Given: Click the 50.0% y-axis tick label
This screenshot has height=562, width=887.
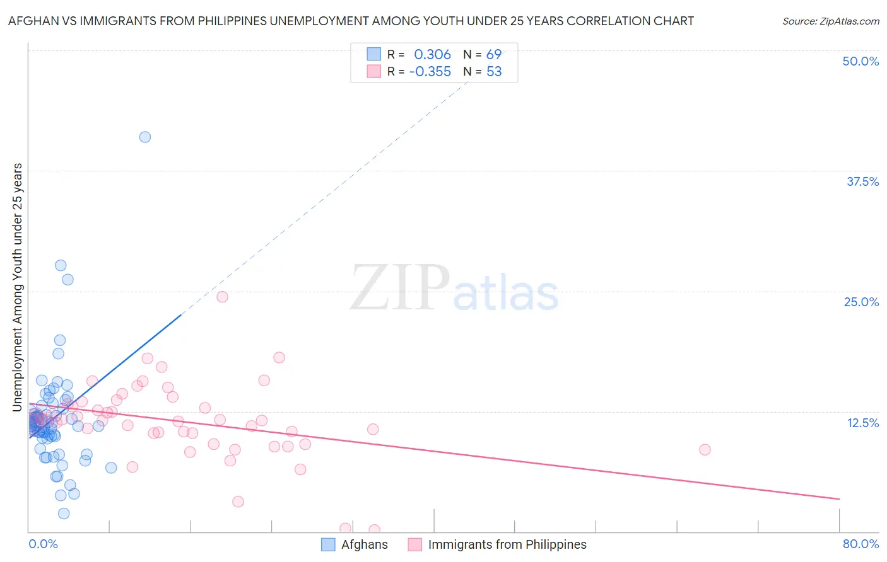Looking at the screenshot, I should (x=861, y=61).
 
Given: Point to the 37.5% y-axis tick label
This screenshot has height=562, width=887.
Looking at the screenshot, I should (x=862, y=181).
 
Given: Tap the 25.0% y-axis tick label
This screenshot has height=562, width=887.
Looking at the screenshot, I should (x=861, y=302).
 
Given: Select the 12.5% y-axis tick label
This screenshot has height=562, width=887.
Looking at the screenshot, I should (x=862, y=423).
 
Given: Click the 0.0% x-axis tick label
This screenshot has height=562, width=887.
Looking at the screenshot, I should (x=43, y=544).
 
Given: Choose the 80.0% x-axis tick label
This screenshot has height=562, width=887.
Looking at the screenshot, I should (x=861, y=544).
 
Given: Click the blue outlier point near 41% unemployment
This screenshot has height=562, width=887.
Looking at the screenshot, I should (x=145, y=137).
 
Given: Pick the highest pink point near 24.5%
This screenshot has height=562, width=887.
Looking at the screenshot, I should (x=222, y=297).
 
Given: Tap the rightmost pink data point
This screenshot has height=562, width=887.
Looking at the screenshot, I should (x=705, y=449).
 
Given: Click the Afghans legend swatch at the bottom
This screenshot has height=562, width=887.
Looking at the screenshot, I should (x=328, y=544).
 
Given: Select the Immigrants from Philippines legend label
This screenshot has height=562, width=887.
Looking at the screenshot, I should (x=507, y=544).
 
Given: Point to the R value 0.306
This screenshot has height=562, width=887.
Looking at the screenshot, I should (x=432, y=55).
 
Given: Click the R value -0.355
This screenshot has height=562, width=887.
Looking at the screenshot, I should (x=430, y=72).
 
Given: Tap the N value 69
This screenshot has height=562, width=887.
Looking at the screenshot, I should (x=494, y=55).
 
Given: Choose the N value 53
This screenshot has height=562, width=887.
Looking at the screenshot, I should (x=494, y=72).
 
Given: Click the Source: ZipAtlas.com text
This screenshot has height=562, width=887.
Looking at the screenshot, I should (x=830, y=21).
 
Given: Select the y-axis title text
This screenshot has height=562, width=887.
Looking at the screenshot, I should (x=17, y=287).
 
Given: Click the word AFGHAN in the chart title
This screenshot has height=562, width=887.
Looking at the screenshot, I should (x=31, y=21).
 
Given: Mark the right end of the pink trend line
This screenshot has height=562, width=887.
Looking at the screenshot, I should (x=839, y=499).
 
